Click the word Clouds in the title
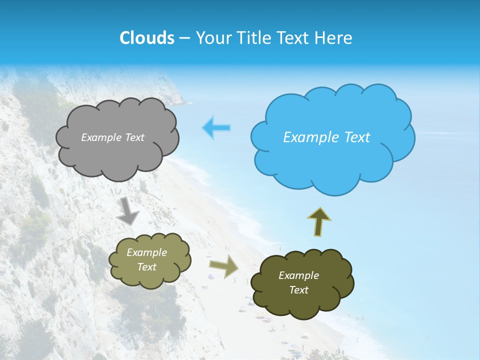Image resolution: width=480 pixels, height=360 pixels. click(147, 38)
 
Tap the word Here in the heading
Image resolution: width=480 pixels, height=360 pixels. click(334, 38)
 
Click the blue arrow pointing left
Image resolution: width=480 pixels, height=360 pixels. click(216, 127)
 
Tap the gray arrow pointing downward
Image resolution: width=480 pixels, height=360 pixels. click(128, 211)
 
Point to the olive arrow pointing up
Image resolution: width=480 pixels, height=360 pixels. click(319, 221)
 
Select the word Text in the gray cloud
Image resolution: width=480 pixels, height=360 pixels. click(134, 137)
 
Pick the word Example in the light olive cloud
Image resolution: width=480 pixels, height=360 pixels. click(147, 252)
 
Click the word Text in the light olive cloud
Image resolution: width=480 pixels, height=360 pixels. click(147, 267)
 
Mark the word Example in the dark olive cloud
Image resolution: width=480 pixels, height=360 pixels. click(298, 275)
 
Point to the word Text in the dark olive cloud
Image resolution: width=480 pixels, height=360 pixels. click(298, 290)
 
